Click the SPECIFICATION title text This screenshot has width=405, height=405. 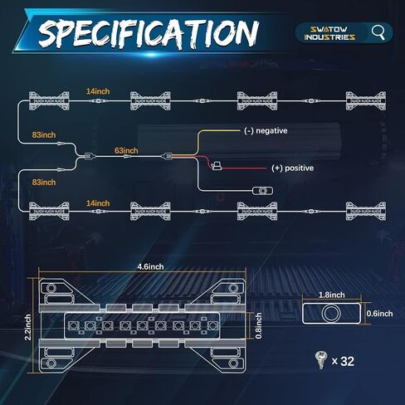click(x=149, y=33)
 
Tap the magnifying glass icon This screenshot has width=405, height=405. click(x=378, y=33)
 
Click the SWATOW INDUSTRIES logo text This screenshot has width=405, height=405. click(x=329, y=33)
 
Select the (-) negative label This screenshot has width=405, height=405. click(x=266, y=130)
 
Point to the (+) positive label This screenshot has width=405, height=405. click(x=292, y=168)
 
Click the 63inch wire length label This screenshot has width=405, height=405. click(x=126, y=150)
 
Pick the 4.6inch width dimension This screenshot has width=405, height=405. click(x=150, y=266)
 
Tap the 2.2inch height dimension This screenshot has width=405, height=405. click(x=27, y=327)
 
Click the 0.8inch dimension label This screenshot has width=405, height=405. click(x=259, y=325)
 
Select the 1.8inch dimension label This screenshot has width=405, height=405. click(x=332, y=295)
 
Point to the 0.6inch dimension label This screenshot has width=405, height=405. click(x=379, y=314)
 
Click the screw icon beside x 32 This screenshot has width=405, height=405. click(x=321, y=360)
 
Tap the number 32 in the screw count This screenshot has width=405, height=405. click(x=348, y=361)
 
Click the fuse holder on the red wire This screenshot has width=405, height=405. click(x=217, y=166)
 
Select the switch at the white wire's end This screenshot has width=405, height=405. click(x=262, y=191)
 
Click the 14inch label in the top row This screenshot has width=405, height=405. click(x=98, y=91)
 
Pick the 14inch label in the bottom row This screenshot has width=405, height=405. click(x=98, y=203)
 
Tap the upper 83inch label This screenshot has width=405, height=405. click(x=44, y=134)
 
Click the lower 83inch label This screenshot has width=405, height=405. click(x=44, y=183)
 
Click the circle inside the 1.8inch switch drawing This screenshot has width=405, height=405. click(x=331, y=314)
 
